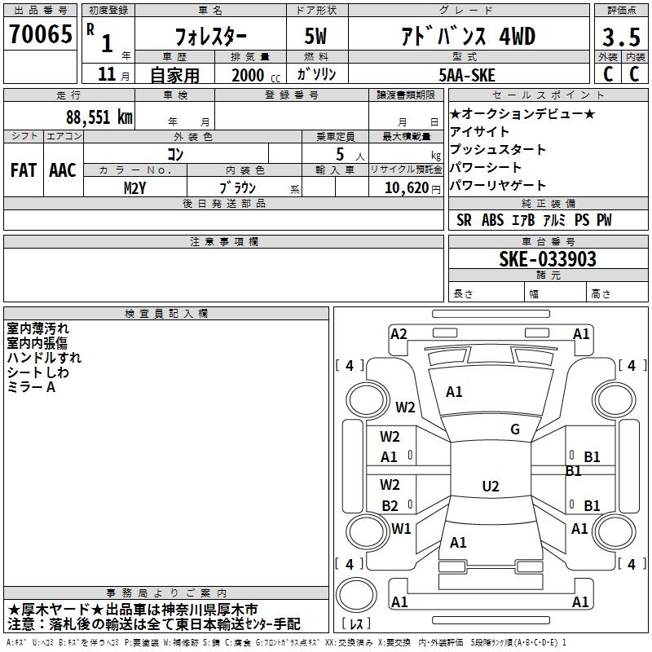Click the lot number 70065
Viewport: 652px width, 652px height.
41,33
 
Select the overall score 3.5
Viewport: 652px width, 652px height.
621,37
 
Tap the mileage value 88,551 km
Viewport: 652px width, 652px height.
99,117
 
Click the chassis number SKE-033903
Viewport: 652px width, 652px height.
548,258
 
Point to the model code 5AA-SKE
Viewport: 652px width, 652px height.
467,75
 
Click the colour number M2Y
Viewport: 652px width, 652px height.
134,188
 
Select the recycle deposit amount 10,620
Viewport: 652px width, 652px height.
407,188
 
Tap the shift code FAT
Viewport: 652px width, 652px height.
24,170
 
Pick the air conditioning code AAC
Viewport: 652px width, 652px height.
63,170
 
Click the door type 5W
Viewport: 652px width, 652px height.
315,36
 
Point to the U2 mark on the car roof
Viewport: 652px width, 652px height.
491,486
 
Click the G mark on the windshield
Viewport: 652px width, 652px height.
515,430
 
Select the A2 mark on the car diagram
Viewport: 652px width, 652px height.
399,334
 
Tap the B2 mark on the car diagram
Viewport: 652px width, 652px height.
390,505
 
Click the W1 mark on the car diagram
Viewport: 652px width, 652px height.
401,528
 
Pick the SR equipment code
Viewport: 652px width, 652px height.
464,220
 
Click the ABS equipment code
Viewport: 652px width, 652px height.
493,220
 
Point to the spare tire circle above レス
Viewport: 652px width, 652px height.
356,595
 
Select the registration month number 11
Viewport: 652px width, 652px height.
107,74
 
